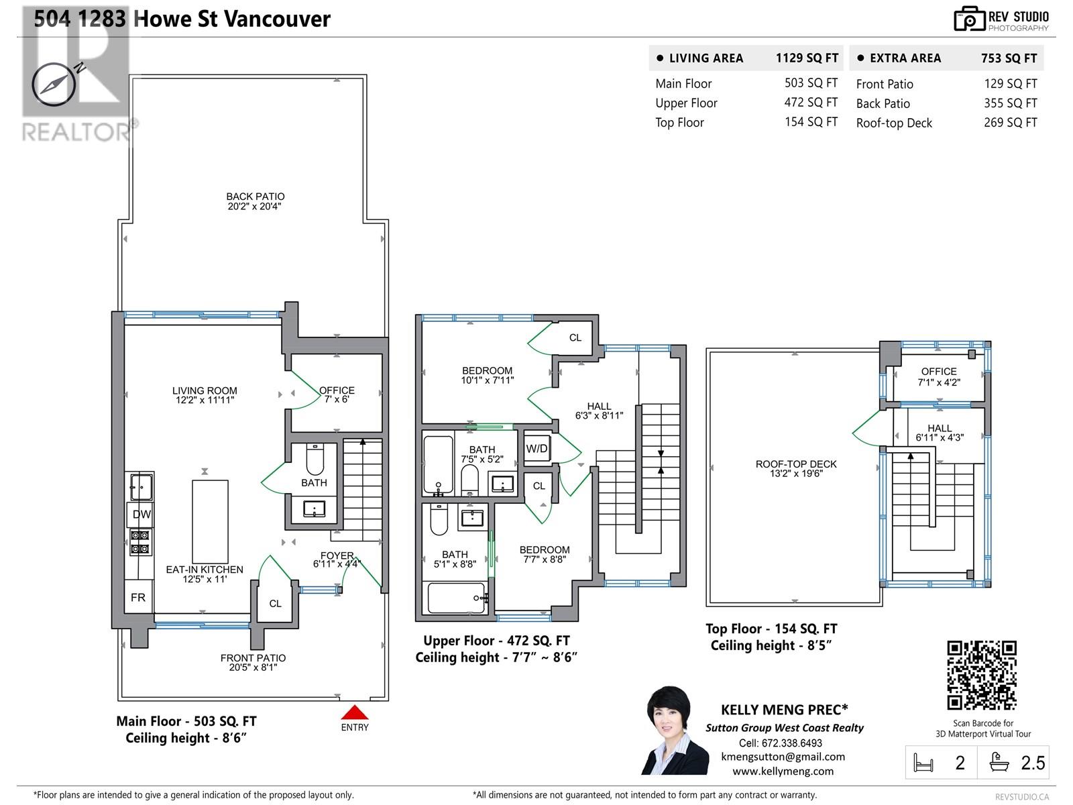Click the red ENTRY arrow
coord(354,712)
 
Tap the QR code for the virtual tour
coord(982,676)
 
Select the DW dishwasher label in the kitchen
coord(142,514)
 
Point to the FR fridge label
coord(138,597)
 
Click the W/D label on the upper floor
coord(536,449)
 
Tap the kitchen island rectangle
coord(210,521)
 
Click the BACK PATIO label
coord(256,197)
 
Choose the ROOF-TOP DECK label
coord(796,464)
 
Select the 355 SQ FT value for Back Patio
coord(1011,103)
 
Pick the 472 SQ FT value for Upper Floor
coord(811,103)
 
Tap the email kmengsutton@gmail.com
coord(783,757)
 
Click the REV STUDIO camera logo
coord(969,19)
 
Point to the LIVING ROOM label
coord(205,391)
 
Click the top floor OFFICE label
coord(939,372)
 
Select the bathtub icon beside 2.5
coord(999,762)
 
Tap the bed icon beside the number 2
coord(923,763)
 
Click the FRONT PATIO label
coord(253,658)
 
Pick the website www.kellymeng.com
coord(783,771)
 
